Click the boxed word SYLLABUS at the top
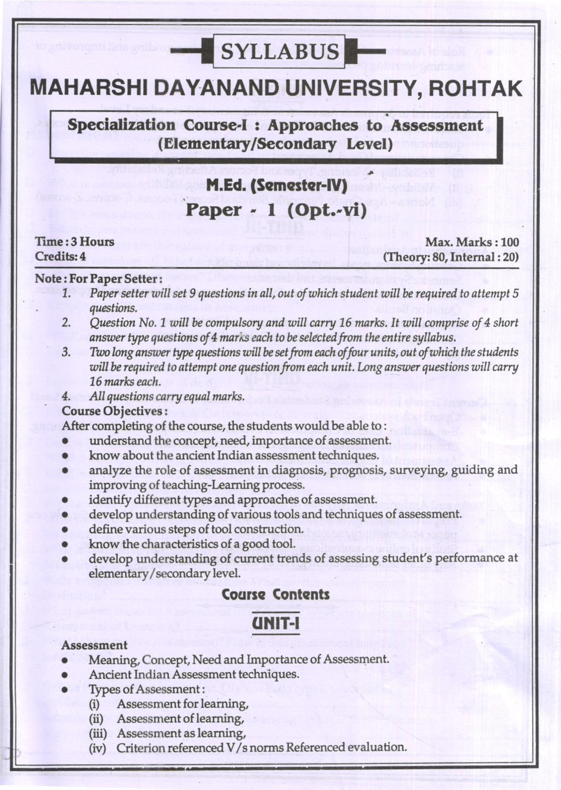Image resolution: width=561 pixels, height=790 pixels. click(280, 52)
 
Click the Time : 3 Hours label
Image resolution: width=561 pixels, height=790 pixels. click(75, 242)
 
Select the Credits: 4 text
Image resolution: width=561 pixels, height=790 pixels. click(60, 256)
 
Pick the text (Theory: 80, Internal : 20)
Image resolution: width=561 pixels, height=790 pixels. click(451, 257)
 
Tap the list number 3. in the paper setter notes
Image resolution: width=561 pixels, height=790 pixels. click(66, 352)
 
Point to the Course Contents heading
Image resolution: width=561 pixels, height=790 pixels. click(276, 594)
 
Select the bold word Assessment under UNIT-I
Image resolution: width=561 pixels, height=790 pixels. click(94, 645)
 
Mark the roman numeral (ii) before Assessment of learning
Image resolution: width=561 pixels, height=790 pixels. click(97, 719)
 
